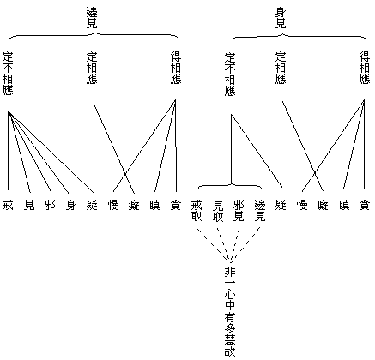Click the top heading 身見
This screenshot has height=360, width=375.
(x=281, y=18)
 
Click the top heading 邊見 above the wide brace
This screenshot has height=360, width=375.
(x=92, y=18)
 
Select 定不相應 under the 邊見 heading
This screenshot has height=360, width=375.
(x=8, y=74)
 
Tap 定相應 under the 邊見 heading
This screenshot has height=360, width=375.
(x=92, y=68)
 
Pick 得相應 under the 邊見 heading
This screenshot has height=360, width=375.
(x=176, y=68)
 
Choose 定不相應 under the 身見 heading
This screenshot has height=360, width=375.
(x=230, y=75)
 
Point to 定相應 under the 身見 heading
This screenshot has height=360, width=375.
(x=281, y=68)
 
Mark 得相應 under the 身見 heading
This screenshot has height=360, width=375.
(x=365, y=68)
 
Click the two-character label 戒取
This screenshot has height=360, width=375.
(x=197, y=211)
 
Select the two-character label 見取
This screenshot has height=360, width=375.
(x=218, y=211)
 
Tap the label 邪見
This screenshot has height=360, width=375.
(x=239, y=211)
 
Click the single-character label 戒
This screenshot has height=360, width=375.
(x=8, y=205)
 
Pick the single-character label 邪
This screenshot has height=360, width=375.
(x=50, y=205)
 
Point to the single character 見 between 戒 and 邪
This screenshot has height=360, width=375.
(x=29, y=205)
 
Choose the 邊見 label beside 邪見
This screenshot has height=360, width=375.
(x=260, y=211)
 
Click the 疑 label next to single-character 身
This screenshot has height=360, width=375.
(x=92, y=205)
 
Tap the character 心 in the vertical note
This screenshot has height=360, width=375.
(x=230, y=294)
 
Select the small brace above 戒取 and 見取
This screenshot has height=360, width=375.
(x=231, y=185)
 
